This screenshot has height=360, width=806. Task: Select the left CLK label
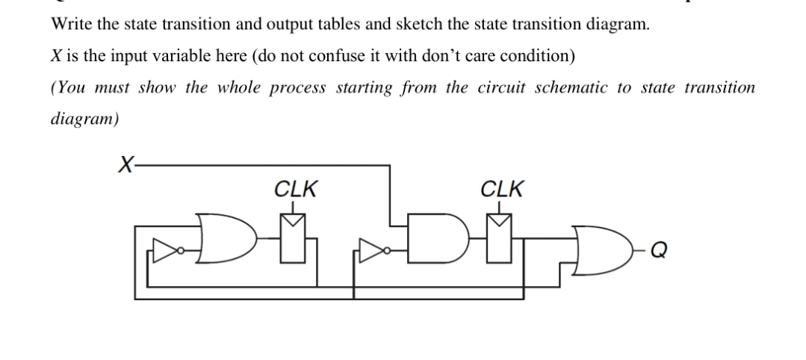tap(294, 189)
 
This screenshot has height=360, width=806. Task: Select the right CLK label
tap(502, 189)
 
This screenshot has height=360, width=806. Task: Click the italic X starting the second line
tap(56, 55)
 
